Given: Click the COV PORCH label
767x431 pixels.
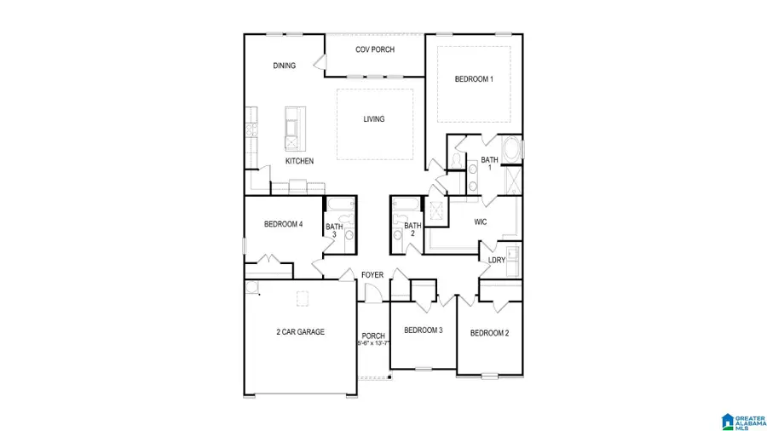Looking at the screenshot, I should pyautogui.click(x=374, y=49).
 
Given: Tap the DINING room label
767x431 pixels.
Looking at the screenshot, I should pyautogui.click(x=284, y=66).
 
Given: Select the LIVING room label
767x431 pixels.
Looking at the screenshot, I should pyautogui.click(x=373, y=119).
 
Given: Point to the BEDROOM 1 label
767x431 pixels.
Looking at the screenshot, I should pyautogui.click(x=474, y=79).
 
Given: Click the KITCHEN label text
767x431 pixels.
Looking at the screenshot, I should pyautogui.click(x=299, y=161).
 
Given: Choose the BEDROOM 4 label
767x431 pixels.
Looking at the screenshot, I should pyautogui.click(x=283, y=225).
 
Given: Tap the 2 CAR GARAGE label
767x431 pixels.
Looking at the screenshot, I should pyautogui.click(x=299, y=332).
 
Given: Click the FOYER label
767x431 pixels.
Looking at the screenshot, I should pyautogui.click(x=372, y=275).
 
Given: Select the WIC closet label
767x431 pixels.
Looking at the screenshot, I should pyautogui.click(x=481, y=222).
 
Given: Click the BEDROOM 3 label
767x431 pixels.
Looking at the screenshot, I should pyautogui.click(x=423, y=330).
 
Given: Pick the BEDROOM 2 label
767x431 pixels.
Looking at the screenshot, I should pyautogui.click(x=489, y=332).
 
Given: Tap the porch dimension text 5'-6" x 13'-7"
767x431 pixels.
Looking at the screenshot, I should pyautogui.click(x=373, y=344).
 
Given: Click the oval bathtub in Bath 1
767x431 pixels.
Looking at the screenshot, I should pyautogui.click(x=513, y=151).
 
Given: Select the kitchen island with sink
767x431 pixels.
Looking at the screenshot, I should pyautogui.click(x=293, y=126).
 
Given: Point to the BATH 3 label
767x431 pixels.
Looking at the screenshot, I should pyautogui.click(x=334, y=230).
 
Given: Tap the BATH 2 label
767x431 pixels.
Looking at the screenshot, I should pyautogui.click(x=412, y=229).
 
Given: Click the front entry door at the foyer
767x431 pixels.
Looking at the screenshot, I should pyautogui.click(x=372, y=293).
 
